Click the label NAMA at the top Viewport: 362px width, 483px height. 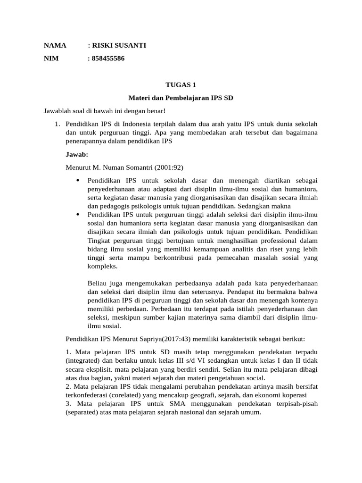[x=55, y=46]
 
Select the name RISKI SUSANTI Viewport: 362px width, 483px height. [x=118, y=46]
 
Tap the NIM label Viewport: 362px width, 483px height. [x=51, y=58]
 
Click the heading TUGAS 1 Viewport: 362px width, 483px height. [x=181, y=85]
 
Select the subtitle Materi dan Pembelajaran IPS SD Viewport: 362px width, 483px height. [x=181, y=98]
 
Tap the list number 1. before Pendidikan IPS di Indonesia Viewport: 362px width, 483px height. [x=57, y=124]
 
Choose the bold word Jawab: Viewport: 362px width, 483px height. [x=76, y=154]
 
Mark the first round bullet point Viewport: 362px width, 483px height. [x=77, y=181]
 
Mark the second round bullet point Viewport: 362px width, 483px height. [x=77, y=215]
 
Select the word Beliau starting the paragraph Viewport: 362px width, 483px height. [x=98, y=283]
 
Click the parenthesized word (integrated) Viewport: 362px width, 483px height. [x=82, y=361]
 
